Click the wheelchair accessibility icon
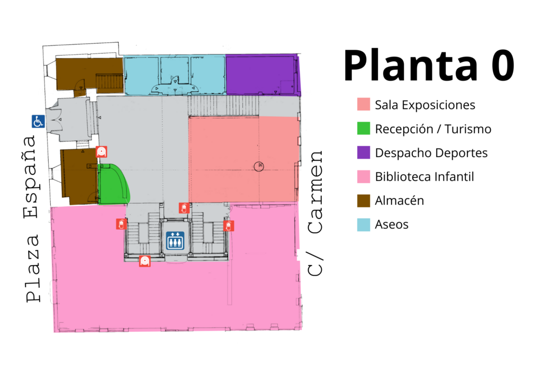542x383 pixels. (x=38, y=121)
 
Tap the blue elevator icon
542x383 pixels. (x=175, y=241)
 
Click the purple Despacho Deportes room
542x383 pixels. (x=263, y=74)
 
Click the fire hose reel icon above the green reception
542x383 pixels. (x=101, y=152)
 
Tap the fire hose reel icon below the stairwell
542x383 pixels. (x=145, y=261)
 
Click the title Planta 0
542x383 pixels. (x=429, y=65)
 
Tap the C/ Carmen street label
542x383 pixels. (x=315, y=213)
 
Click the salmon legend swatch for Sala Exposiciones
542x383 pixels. (x=364, y=104)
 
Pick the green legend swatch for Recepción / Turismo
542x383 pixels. (x=364, y=128)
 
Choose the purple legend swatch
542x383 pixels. (x=364, y=152)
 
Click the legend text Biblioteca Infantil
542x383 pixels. (x=424, y=177)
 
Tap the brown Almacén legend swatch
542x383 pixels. (x=364, y=200)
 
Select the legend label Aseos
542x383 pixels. (x=392, y=224)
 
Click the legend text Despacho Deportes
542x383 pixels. (x=431, y=153)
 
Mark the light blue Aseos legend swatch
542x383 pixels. (x=364, y=224)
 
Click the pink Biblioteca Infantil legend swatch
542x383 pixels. (x=364, y=176)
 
